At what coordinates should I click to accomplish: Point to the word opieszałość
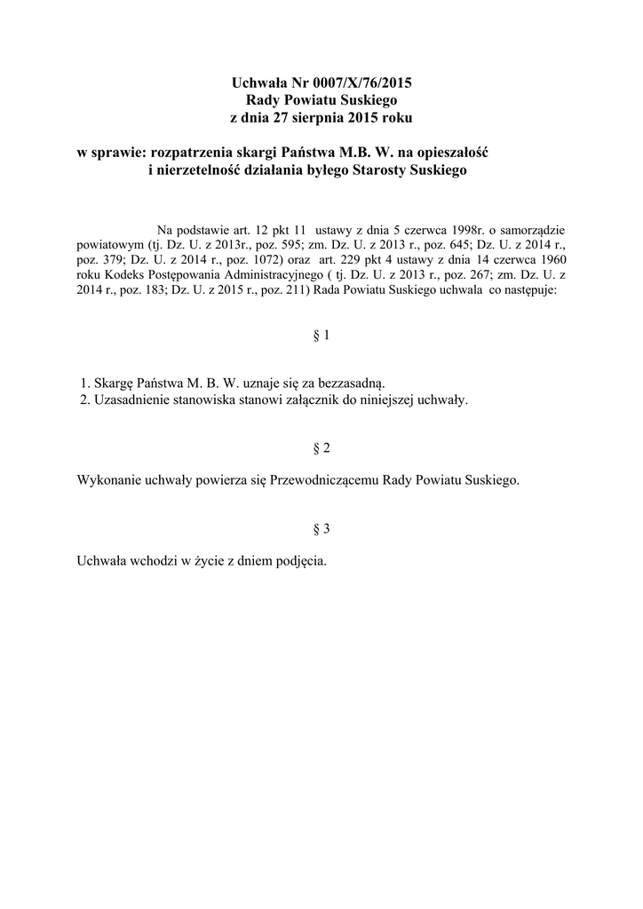pyautogui.click(x=455, y=153)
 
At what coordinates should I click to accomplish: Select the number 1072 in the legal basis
pyautogui.click(x=263, y=260)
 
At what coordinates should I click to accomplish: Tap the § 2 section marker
pyautogui.click(x=321, y=448)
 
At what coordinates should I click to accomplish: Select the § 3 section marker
pyautogui.click(x=321, y=529)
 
